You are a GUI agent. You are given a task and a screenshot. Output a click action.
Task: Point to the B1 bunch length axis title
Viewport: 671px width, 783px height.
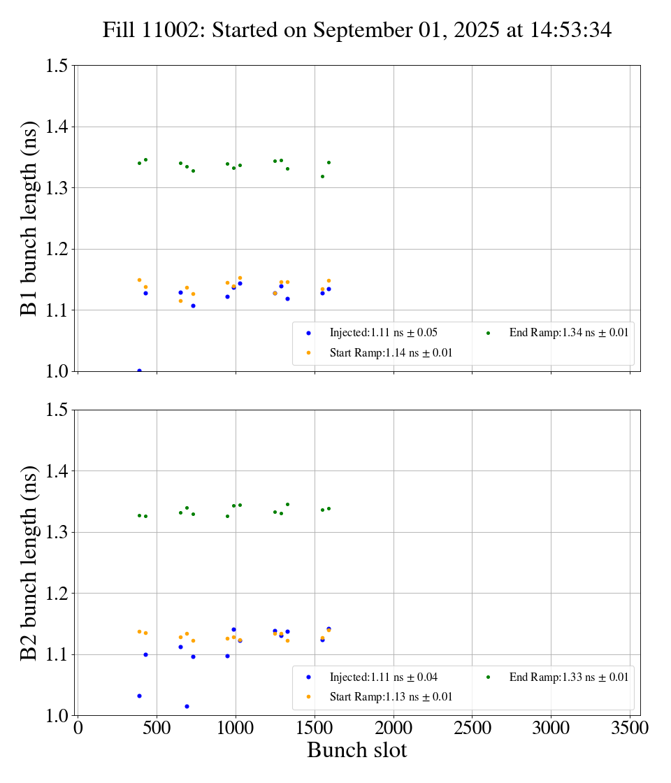point(30,218)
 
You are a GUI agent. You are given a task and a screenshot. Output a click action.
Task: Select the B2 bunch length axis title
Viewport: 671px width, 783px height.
point(30,562)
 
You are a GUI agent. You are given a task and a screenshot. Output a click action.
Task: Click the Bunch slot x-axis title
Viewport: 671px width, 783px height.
point(356,750)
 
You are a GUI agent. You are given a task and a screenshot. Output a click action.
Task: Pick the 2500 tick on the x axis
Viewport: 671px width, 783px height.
point(472,728)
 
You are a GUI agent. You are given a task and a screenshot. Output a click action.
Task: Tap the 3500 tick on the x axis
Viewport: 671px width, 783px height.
point(630,728)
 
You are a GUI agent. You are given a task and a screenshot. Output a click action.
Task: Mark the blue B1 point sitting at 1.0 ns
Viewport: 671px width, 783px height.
point(139,371)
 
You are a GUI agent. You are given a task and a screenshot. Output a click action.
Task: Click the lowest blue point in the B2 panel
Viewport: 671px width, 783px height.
point(187,706)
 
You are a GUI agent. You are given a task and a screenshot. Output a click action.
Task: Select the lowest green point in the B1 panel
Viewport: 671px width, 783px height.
point(322,176)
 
